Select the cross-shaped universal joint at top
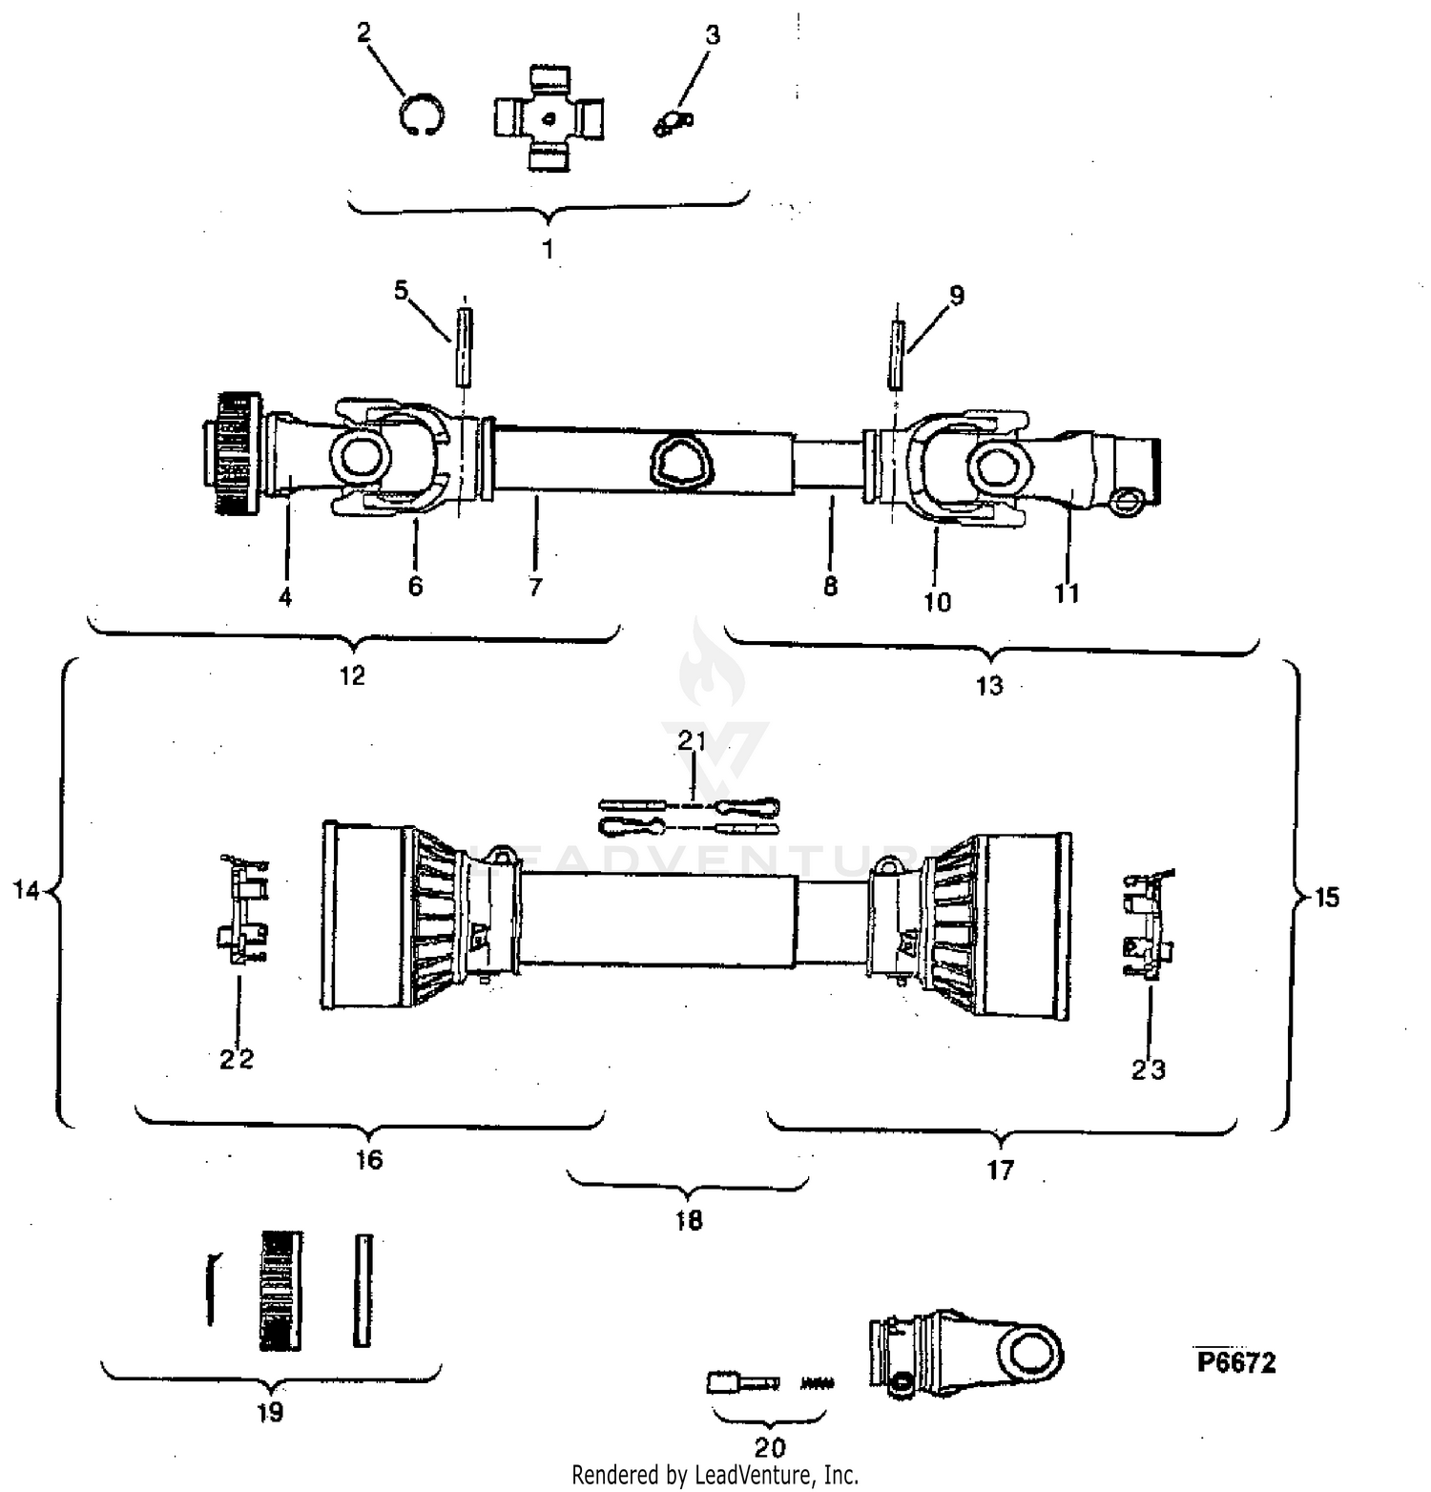click(x=549, y=118)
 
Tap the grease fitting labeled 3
click(x=674, y=122)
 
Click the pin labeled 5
click(x=464, y=346)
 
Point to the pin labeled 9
click(x=896, y=355)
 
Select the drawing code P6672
click(x=1236, y=1362)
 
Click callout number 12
click(x=352, y=675)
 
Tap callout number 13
click(x=989, y=685)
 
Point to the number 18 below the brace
click(x=689, y=1220)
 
